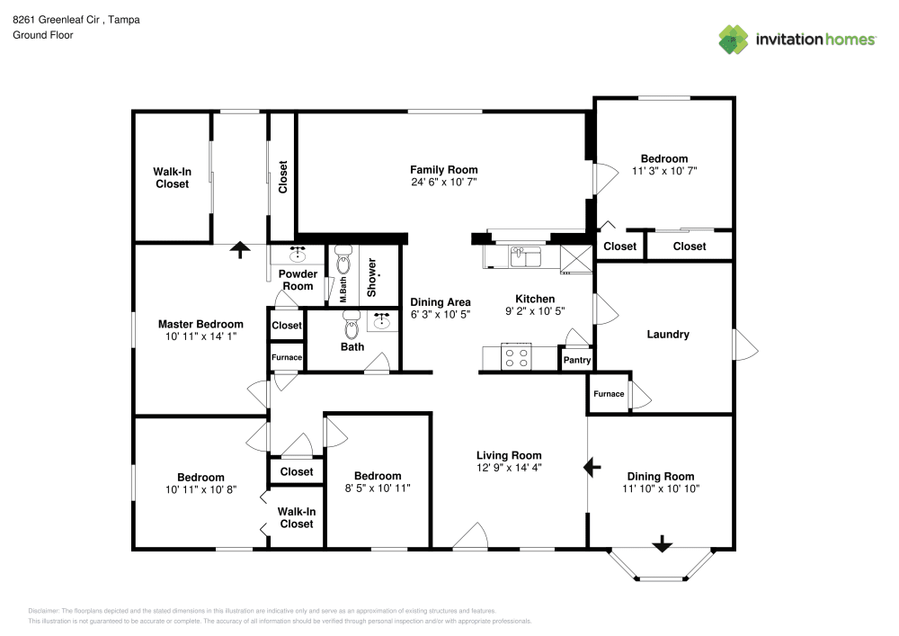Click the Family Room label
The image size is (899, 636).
click(444, 170)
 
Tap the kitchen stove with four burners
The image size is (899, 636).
click(516, 357)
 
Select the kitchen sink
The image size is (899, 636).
click(526, 257)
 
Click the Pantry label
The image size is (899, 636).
click(577, 360)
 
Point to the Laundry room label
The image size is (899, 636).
click(668, 335)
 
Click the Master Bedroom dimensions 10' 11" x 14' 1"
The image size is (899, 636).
click(200, 336)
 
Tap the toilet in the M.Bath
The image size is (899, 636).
click(343, 260)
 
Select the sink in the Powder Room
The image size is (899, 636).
click(298, 254)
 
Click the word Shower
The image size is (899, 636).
click(371, 278)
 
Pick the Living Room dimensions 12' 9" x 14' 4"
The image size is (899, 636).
click(509, 468)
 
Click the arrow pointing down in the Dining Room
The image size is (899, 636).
click(663, 543)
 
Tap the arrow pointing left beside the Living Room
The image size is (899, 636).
click(592, 468)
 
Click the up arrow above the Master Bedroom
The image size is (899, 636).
click(240, 249)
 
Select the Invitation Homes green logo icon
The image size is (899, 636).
click(734, 40)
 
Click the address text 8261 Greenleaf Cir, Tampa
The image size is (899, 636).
click(76, 20)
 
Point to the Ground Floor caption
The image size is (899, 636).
click(43, 35)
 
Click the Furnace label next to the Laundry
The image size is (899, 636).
click(609, 394)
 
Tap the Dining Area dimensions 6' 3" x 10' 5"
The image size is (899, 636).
click(441, 314)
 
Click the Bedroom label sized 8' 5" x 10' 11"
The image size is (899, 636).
click(378, 476)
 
